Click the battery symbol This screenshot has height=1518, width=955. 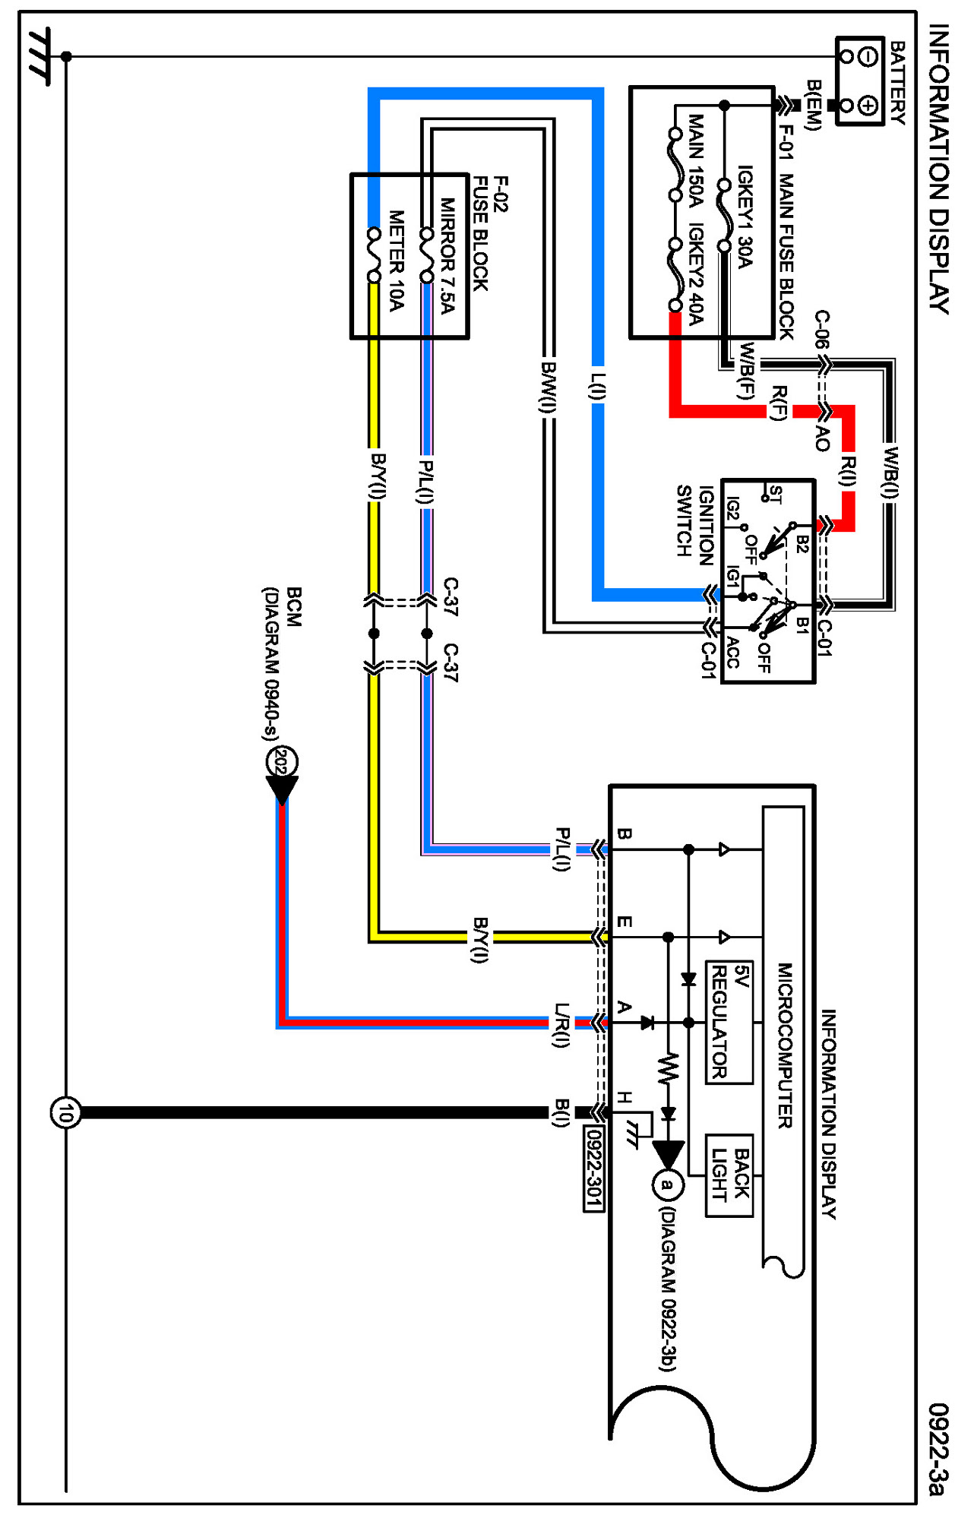coord(859,81)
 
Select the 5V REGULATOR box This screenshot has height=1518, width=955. coord(729,1021)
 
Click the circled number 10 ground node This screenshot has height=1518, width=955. coord(65,1113)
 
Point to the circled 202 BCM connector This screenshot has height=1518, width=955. coord(282,761)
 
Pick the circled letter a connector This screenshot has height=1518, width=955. coord(668,1184)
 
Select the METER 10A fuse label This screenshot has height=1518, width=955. coord(397,261)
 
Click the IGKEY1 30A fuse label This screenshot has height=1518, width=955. coord(745,217)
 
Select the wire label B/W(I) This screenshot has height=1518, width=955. coord(548,387)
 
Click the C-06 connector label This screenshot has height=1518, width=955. coord(822,329)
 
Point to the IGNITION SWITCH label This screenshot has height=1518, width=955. coord(694,525)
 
